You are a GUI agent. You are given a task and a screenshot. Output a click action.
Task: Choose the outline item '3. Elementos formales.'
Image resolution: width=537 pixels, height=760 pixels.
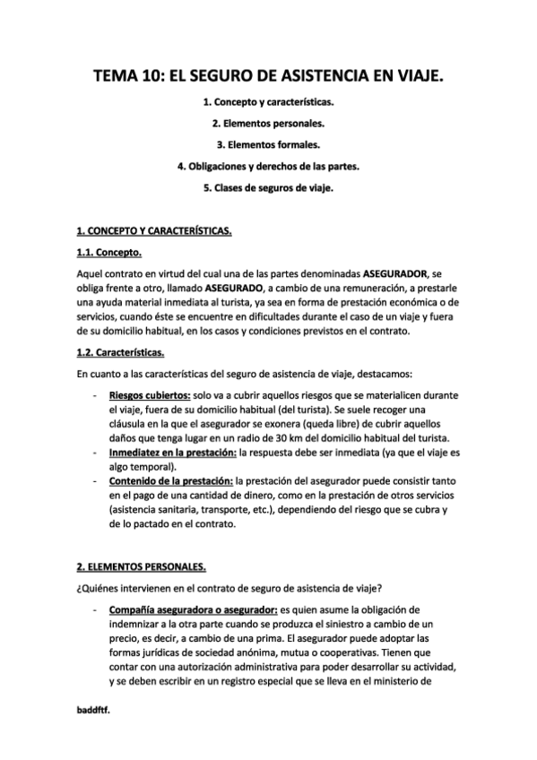tap(268, 146)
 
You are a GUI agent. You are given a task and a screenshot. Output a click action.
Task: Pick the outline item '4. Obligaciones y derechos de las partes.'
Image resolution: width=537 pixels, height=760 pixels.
tap(268, 167)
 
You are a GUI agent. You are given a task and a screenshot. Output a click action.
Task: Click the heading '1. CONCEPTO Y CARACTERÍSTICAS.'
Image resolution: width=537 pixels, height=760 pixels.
tap(153, 232)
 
